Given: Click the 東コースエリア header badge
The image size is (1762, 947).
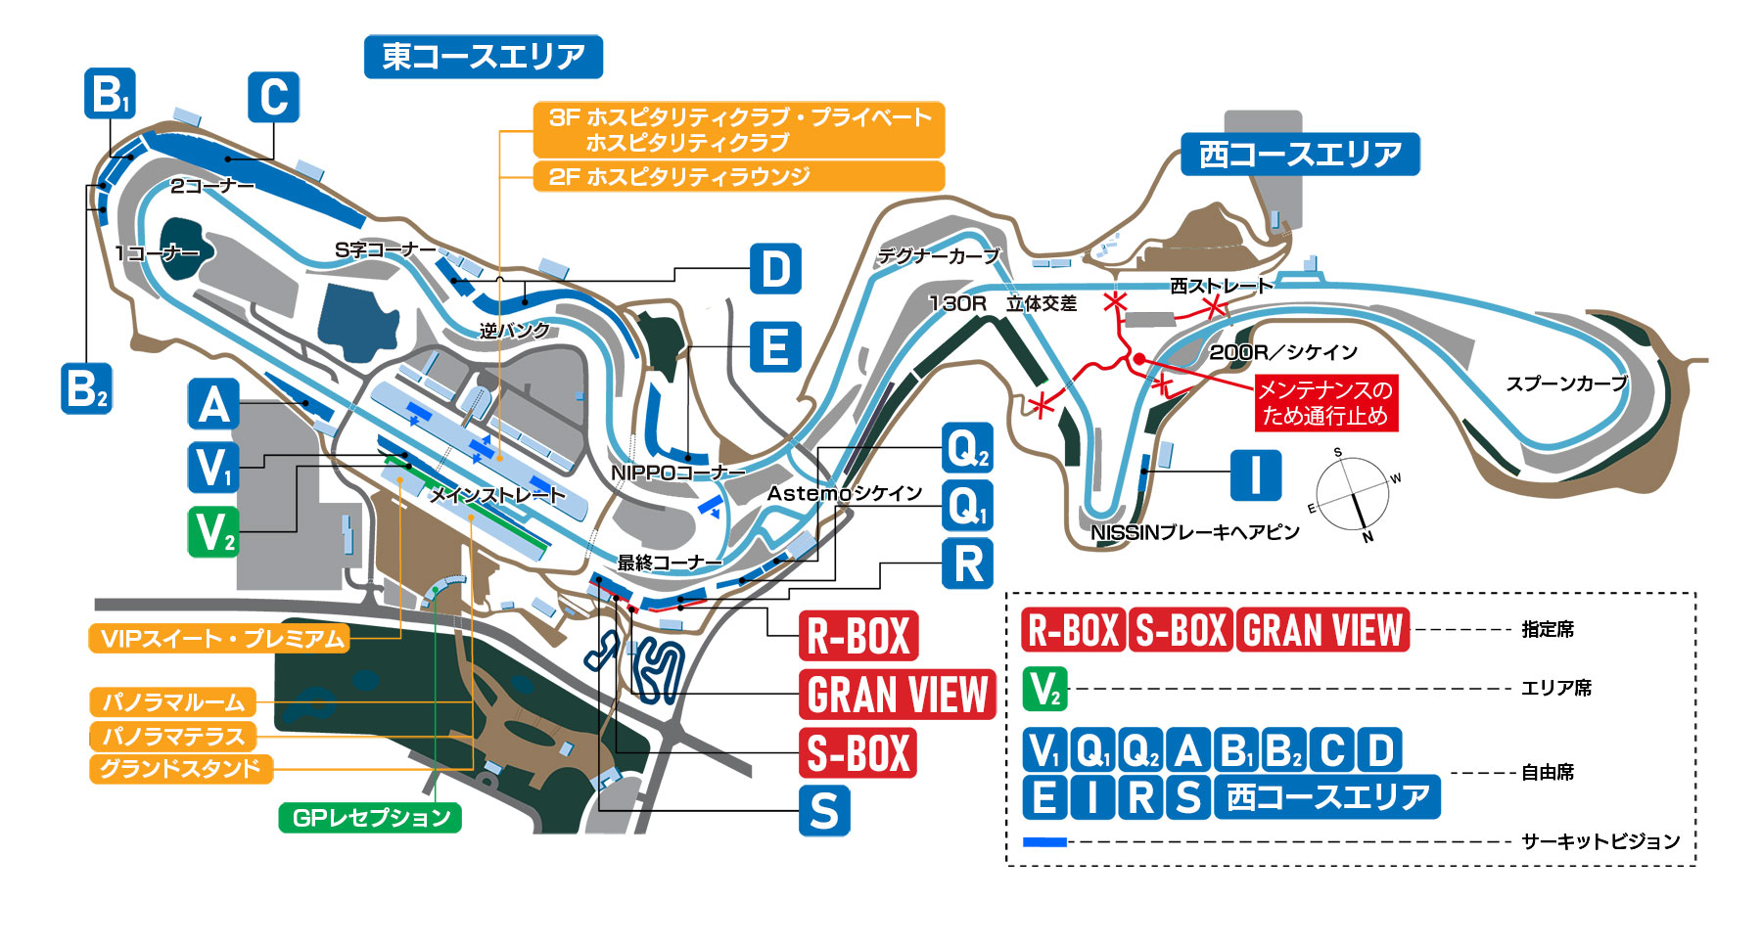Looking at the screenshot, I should click(483, 57).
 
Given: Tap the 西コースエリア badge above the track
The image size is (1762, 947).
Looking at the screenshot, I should click(1299, 155).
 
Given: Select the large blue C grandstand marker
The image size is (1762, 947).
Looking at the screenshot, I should click(273, 97).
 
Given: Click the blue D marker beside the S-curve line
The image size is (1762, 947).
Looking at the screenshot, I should click(775, 269).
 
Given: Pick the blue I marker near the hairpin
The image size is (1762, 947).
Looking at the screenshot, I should click(1255, 475).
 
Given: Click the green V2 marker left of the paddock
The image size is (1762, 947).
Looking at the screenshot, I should click(213, 532).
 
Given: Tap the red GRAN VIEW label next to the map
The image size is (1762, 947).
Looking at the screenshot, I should click(897, 695).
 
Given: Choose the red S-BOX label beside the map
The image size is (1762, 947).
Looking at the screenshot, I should click(858, 753).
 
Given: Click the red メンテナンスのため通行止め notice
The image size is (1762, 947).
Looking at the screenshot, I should click(1325, 402).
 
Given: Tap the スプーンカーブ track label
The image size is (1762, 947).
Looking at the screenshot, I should click(1565, 383).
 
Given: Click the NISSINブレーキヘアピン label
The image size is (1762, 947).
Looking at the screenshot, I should click(1194, 532).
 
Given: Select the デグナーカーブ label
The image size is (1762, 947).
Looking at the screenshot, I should click(938, 256).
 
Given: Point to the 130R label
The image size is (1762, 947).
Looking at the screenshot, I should click(956, 303).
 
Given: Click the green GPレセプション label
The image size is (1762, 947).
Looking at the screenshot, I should click(370, 818).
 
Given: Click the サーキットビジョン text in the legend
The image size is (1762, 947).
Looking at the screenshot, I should click(1600, 841).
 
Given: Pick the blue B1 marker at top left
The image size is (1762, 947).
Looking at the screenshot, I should click(110, 94).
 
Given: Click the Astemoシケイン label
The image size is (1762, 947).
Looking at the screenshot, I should click(844, 493).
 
